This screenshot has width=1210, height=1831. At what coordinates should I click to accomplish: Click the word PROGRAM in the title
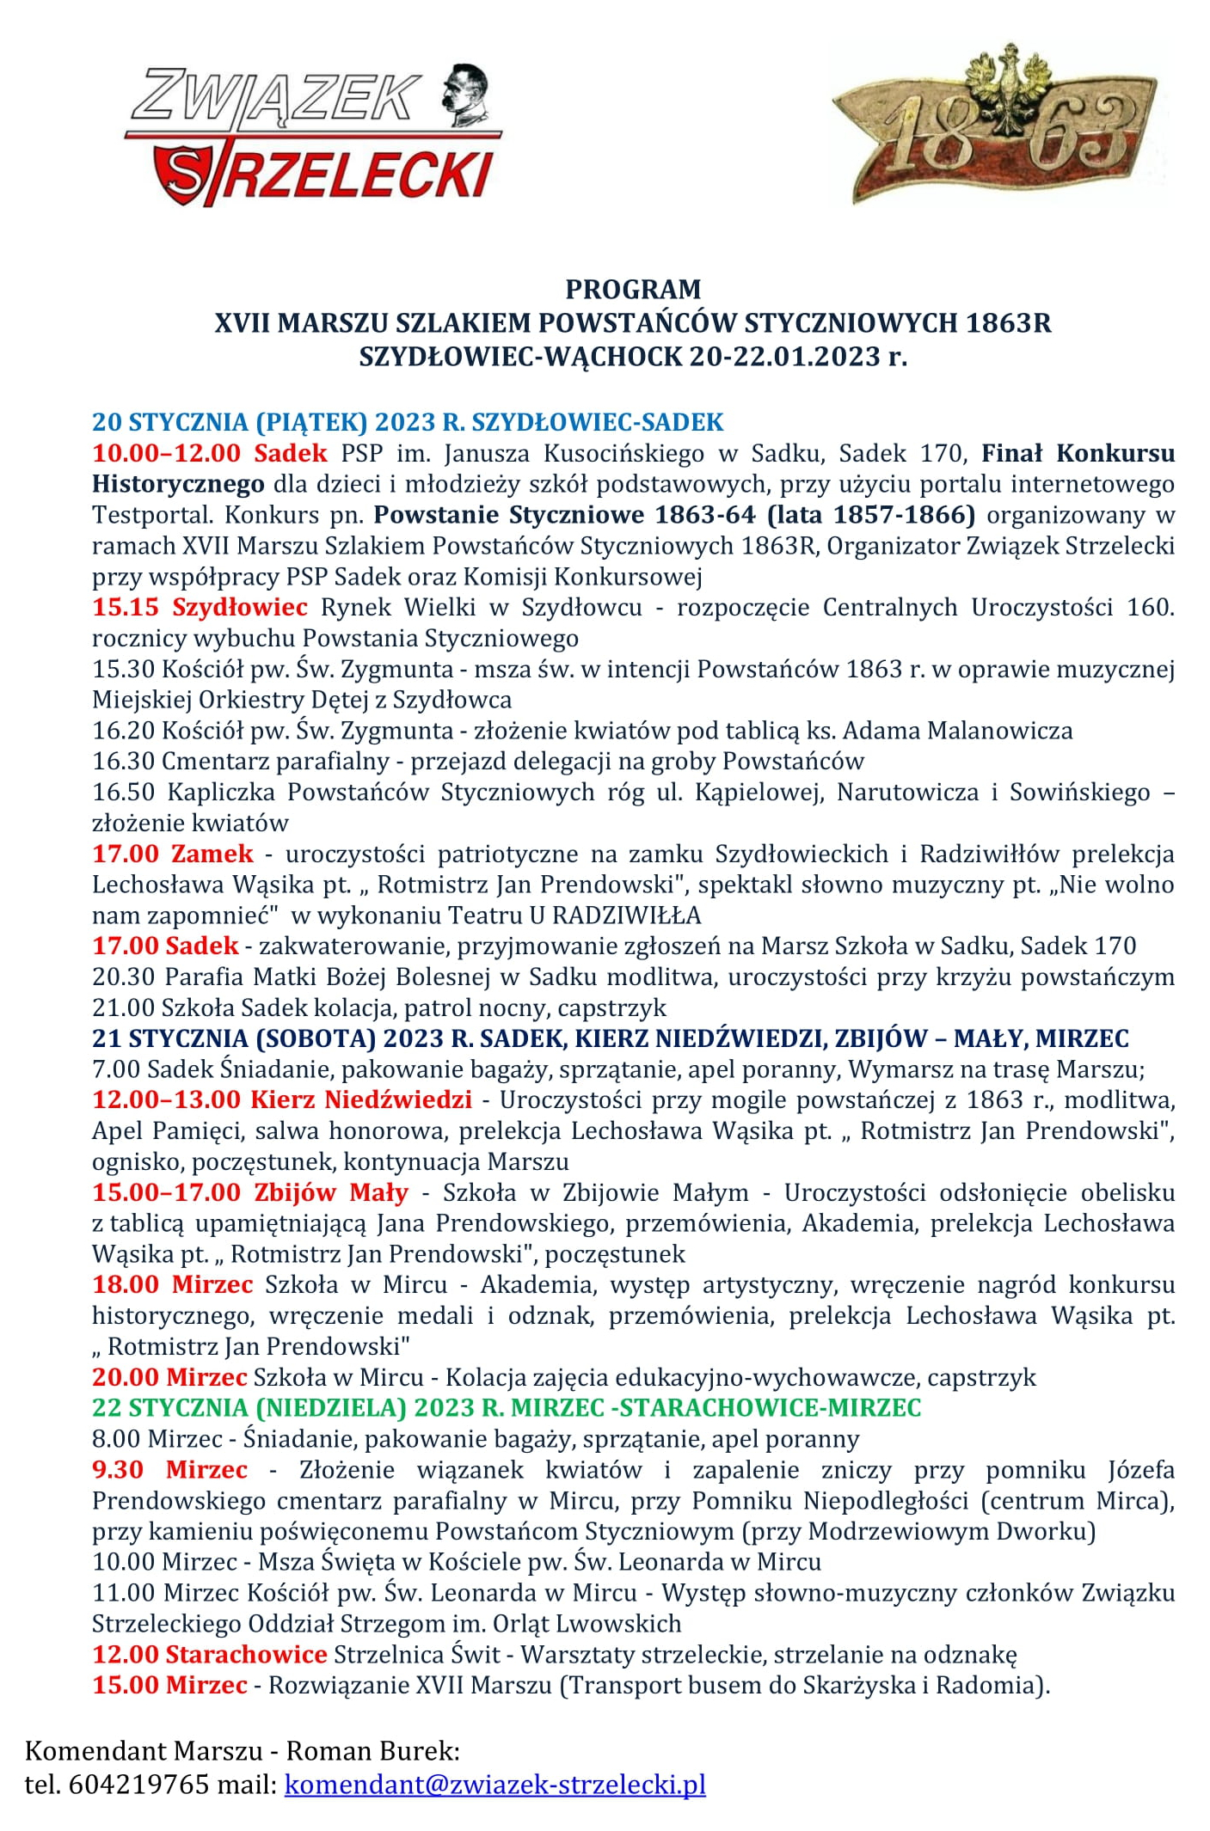[633, 289]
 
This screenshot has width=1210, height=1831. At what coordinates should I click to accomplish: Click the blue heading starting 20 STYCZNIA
[408, 422]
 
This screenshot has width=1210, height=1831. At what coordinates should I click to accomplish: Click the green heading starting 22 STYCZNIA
[507, 1407]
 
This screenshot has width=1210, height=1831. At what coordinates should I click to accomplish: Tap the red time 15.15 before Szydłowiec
[126, 607]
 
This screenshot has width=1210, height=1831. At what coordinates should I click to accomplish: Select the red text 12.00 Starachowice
[210, 1654]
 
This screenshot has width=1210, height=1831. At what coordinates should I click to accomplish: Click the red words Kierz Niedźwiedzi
[361, 1099]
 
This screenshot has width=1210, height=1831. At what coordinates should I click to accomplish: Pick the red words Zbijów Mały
[331, 1192]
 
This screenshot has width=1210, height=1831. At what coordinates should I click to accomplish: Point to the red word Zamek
[212, 854]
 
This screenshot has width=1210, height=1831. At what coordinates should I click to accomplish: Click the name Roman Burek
[372, 1750]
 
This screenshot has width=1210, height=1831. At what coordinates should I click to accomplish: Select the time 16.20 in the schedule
[124, 731]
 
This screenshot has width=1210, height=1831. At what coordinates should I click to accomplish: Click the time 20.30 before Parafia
[124, 977]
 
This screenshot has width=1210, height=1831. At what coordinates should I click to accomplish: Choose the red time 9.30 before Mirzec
[118, 1469]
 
